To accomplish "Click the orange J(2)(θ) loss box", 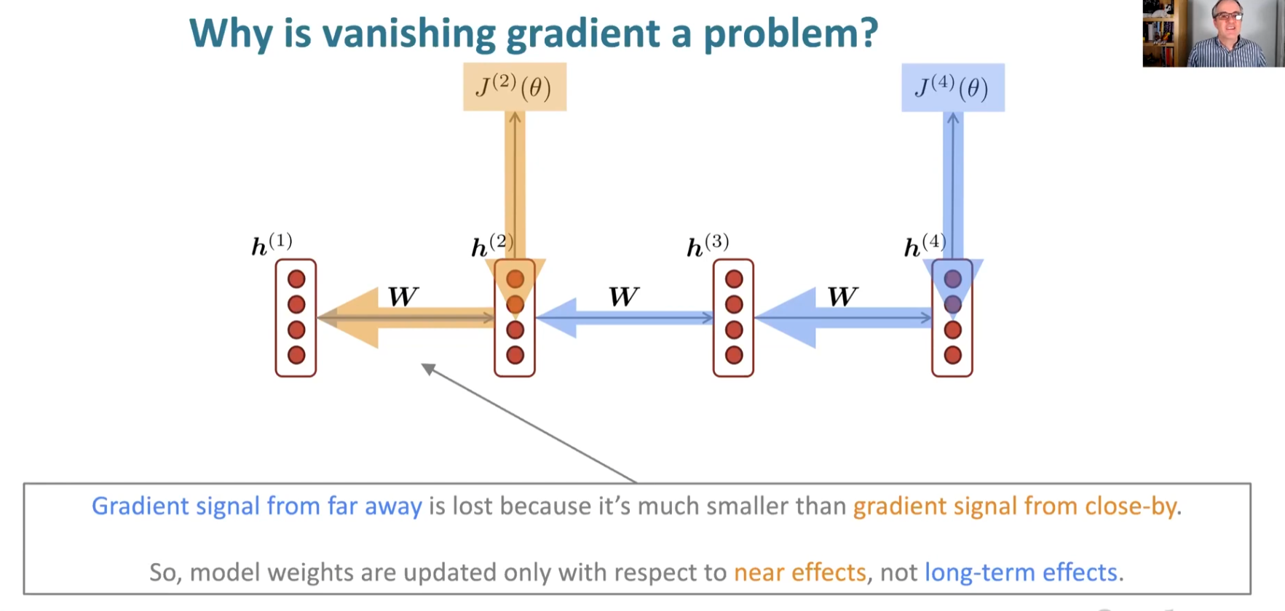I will point(515,87).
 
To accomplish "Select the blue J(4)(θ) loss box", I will point(952,87).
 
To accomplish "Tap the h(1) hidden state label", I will point(272,244).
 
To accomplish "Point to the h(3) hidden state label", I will point(708,245).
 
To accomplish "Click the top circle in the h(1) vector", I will point(296,279).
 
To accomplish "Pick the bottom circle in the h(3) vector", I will point(734,355).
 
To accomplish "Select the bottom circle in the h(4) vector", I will point(952,355).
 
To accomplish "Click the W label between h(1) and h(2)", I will point(403,297).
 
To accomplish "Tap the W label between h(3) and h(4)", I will point(842,297).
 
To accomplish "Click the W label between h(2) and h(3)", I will point(623,297).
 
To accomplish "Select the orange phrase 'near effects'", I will point(799,572).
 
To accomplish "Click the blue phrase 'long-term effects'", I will point(1021,572).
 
